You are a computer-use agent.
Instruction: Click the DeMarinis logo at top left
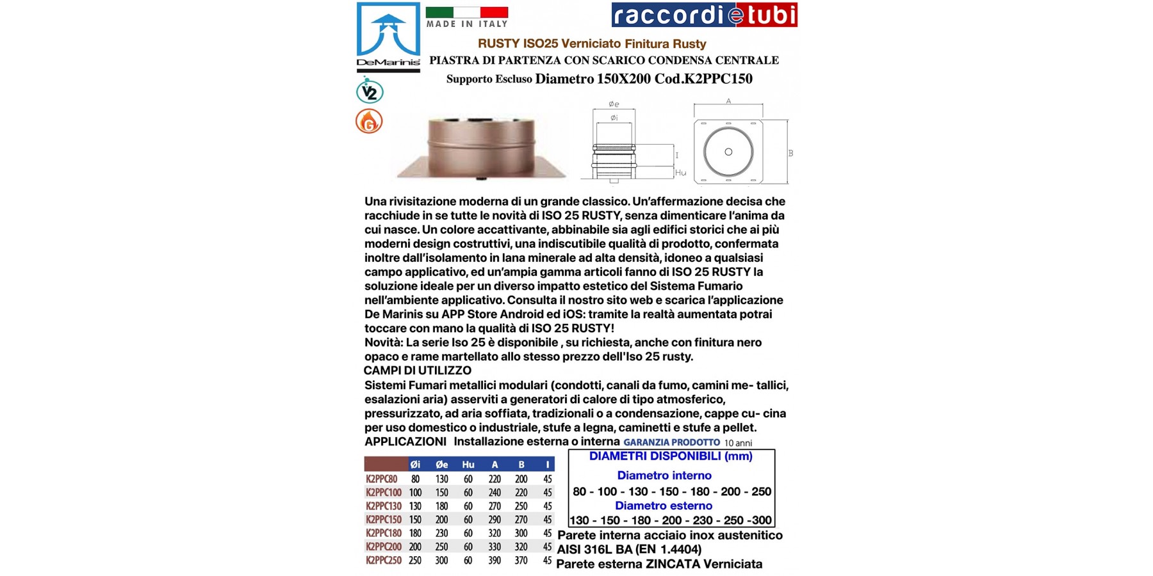[x=388, y=36]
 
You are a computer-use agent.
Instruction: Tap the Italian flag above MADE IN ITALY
[x=466, y=12]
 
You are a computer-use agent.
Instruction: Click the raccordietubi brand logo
[x=704, y=15]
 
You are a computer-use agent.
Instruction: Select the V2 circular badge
[x=370, y=92]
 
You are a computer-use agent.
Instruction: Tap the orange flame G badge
[x=369, y=121]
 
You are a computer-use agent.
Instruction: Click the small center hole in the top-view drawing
[x=728, y=152]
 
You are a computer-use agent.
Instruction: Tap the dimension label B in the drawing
[x=790, y=154]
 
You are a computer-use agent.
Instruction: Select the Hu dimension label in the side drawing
[x=680, y=173]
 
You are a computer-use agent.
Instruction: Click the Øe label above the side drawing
[x=614, y=104]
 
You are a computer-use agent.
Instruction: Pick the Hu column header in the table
[x=468, y=465]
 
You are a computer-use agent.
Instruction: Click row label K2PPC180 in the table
[x=384, y=533]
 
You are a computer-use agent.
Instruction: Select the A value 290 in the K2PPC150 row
[x=495, y=520]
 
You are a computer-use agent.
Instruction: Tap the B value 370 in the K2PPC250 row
[x=521, y=561]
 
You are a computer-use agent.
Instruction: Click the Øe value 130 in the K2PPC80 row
[x=441, y=479]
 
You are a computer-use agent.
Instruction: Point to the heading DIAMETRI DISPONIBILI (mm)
[x=671, y=456]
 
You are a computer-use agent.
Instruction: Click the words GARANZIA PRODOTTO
[x=671, y=442]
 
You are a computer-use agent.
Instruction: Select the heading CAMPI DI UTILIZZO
[x=417, y=371]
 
